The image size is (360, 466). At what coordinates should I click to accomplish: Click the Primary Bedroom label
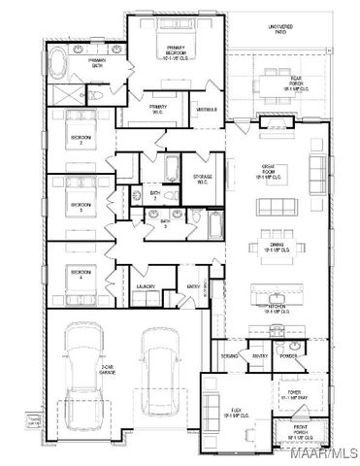point(176,50)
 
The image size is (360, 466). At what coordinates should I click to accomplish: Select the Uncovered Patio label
point(283,29)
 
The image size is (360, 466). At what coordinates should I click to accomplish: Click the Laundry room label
point(146,287)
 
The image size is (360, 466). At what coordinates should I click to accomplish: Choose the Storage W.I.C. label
point(202,179)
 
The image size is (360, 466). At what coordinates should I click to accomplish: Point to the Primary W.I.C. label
point(156,109)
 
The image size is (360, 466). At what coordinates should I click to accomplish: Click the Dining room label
point(275,250)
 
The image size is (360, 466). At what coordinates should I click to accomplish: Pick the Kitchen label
point(276,309)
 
